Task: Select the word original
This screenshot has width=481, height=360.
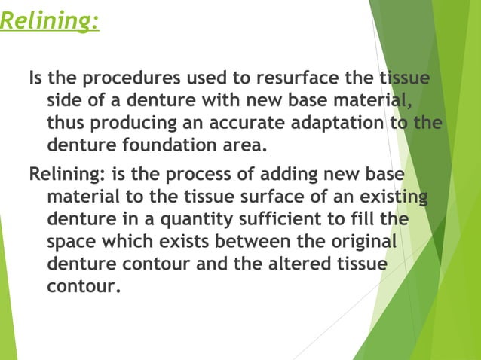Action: click(x=360, y=244)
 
